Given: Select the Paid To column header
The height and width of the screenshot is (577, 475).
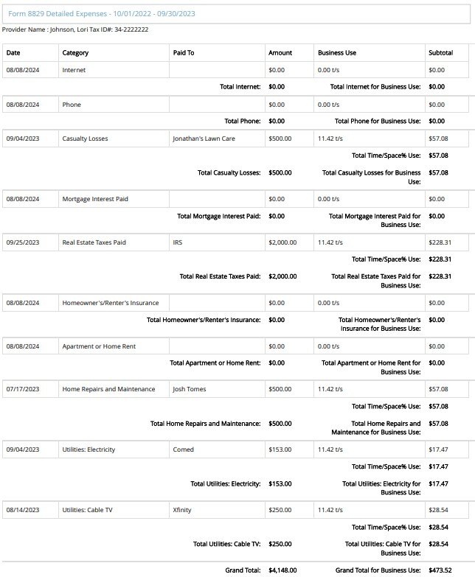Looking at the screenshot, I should point(184,53).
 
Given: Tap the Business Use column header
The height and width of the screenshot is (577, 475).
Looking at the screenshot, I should point(336,53).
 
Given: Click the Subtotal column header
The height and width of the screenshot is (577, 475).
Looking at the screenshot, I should point(441,53).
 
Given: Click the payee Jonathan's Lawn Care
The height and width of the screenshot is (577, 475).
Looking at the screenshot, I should point(204,139).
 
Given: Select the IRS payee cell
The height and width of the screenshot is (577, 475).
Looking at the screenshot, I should point(177,242).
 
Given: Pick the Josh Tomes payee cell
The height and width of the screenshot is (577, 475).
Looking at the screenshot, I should point(190,389).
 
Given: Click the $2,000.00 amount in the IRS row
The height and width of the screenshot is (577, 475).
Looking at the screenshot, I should point(282,242).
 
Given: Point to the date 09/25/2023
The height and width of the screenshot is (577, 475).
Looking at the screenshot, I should point(22,242).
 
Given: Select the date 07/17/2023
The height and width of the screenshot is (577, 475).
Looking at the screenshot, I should point(22,389).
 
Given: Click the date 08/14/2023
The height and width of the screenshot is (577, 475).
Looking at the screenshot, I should point(22,510).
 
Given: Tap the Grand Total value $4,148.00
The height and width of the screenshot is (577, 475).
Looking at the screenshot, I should point(282,570).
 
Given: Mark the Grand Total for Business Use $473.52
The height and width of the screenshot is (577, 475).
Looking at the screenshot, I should point(440,570).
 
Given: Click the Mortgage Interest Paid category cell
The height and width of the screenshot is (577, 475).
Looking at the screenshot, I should point(95,199).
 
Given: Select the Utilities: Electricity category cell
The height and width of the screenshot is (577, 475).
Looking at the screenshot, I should point(89,450).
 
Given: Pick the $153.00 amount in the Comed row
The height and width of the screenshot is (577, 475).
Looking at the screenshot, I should point(280,450).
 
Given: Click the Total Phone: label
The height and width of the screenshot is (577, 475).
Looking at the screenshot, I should point(242,121).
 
